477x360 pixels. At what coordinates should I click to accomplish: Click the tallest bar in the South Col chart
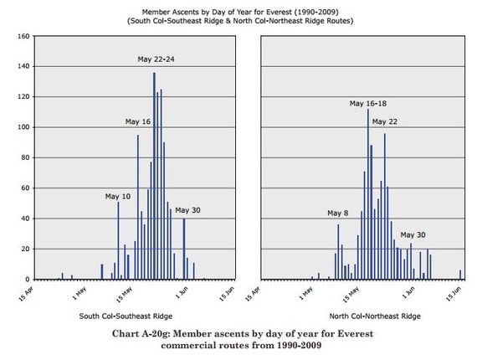(154, 176)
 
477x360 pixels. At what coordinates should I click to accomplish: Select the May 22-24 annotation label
(156, 59)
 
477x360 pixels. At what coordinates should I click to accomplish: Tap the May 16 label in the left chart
(138, 121)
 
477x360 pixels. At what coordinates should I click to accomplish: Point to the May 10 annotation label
(118, 197)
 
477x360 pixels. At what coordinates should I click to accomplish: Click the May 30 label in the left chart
(187, 210)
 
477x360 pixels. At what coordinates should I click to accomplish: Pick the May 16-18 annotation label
(368, 104)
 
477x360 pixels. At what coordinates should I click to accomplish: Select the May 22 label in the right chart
(384, 121)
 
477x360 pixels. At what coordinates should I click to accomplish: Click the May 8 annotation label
(338, 213)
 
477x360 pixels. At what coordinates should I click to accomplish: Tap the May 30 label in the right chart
(413, 235)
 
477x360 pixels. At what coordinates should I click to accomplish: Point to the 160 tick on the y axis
(23, 36)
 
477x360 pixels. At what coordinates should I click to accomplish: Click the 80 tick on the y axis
(25, 157)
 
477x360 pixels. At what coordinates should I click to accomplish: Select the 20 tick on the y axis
(25, 249)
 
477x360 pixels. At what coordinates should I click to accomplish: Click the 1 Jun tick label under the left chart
(182, 293)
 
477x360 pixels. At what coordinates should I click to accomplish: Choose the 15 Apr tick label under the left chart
(26, 294)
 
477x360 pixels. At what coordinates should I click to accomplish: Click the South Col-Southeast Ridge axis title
(126, 316)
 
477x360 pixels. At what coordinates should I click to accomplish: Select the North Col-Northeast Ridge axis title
(375, 316)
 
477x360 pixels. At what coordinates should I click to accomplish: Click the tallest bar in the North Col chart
(368, 194)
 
